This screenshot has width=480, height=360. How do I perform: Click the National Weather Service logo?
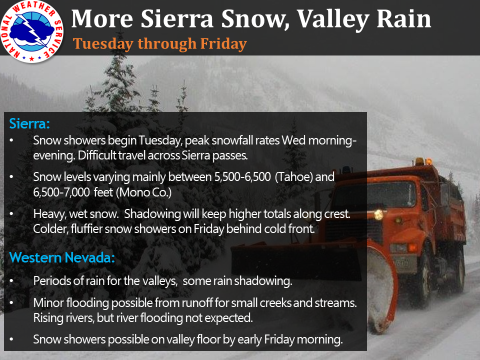(32, 32)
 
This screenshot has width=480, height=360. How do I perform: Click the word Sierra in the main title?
(176, 18)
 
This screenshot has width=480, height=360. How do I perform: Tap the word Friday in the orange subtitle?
(223, 44)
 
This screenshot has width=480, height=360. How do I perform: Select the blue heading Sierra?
(29, 123)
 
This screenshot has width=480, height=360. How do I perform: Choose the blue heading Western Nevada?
(62, 258)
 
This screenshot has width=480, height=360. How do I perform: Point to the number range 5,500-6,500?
(242, 177)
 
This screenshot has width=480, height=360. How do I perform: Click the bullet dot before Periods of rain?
(11, 280)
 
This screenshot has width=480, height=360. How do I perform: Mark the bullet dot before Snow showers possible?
(11, 339)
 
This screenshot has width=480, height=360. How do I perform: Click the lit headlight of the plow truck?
(378, 214)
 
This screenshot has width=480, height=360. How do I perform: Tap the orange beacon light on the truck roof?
(419, 161)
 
